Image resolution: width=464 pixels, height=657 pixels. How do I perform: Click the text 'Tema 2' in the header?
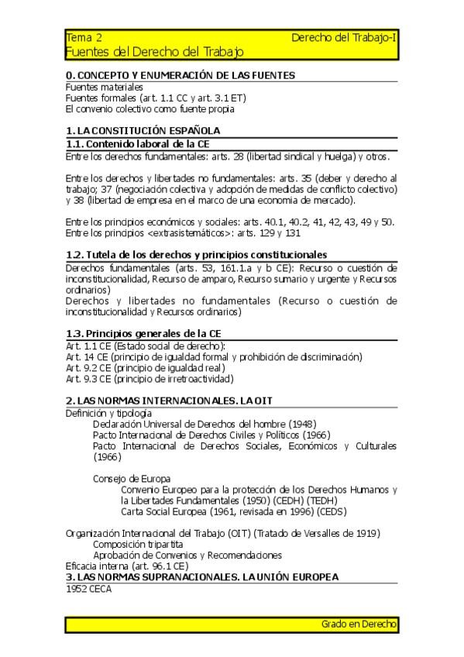[84, 37]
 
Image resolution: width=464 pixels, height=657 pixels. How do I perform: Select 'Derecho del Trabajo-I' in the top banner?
[345, 37]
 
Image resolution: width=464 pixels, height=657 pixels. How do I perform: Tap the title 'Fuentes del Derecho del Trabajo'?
[155, 52]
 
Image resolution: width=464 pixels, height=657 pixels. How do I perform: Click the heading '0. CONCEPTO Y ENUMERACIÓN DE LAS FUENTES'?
[180, 75]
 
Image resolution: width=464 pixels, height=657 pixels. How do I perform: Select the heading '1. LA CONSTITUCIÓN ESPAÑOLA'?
[143, 131]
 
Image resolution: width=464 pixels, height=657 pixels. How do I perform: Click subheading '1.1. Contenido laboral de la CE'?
[138, 144]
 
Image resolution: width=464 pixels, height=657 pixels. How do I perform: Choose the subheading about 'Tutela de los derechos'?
[196, 255]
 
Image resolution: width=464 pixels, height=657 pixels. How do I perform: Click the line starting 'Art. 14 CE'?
[214, 357]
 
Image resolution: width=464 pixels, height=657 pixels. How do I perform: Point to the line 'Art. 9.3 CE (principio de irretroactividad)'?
[150, 379]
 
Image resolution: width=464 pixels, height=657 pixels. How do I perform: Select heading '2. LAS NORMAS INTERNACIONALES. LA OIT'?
[169, 401]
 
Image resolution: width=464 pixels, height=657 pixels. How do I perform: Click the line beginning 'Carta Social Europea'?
[235, 511]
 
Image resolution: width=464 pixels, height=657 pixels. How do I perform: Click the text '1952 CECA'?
[89, 589]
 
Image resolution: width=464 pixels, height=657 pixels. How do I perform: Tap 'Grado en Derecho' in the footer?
[359, 624]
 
